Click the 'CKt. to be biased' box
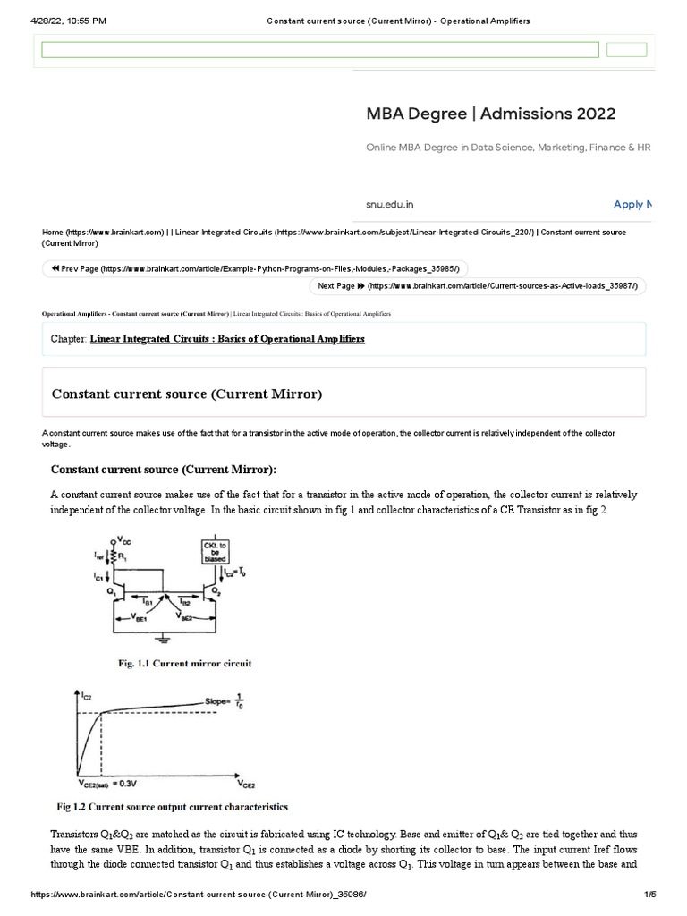tap(218, 551)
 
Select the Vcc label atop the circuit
tap(116, 540)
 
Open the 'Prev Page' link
tap(255, 269)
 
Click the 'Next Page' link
tap(478, 286)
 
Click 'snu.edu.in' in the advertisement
tap(390, 205)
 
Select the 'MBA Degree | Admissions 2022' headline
tap(490, 114)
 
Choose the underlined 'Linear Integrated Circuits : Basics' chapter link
tap(227, 340)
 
